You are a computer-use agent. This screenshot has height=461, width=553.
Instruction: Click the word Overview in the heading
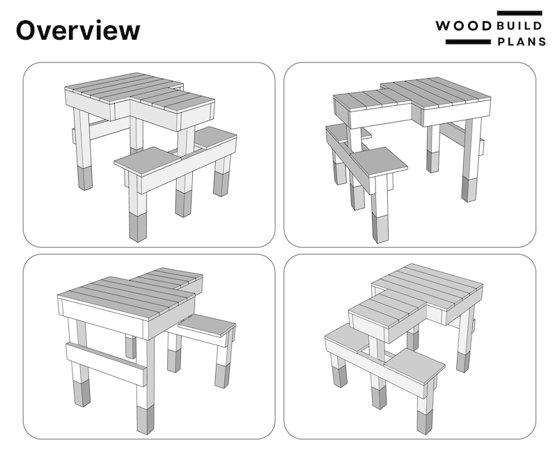click(x=77, y=31)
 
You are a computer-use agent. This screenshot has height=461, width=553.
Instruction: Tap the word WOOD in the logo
click(x=464, y=26)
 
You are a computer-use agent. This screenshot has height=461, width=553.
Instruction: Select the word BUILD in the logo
click(x=520, y=26)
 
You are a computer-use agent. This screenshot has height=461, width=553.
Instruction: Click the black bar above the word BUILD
click(x=520, y=13)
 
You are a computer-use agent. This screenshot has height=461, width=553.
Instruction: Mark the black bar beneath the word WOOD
click(x=467, y=42)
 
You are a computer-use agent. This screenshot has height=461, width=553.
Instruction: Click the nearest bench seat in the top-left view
click(x=148, y=161)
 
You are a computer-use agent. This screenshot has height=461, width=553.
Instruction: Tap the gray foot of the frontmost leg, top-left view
click(x=138, y=226)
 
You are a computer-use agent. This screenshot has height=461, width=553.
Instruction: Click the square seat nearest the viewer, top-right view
click(x=379, y=162)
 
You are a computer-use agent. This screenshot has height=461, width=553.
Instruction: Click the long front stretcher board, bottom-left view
click(x=107, y=363)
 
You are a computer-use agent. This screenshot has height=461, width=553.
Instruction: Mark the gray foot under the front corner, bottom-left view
click(x=145, y=419)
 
